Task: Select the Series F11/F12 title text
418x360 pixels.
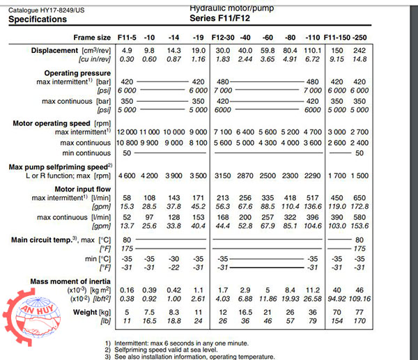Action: [x=221, y=19]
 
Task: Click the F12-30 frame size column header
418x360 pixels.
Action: [x=222, y=37]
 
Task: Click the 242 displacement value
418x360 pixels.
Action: [x=359, y=51]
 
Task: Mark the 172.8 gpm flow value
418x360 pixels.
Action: [x=359, y=207]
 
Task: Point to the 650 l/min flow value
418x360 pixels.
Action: [x=359, y=198]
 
